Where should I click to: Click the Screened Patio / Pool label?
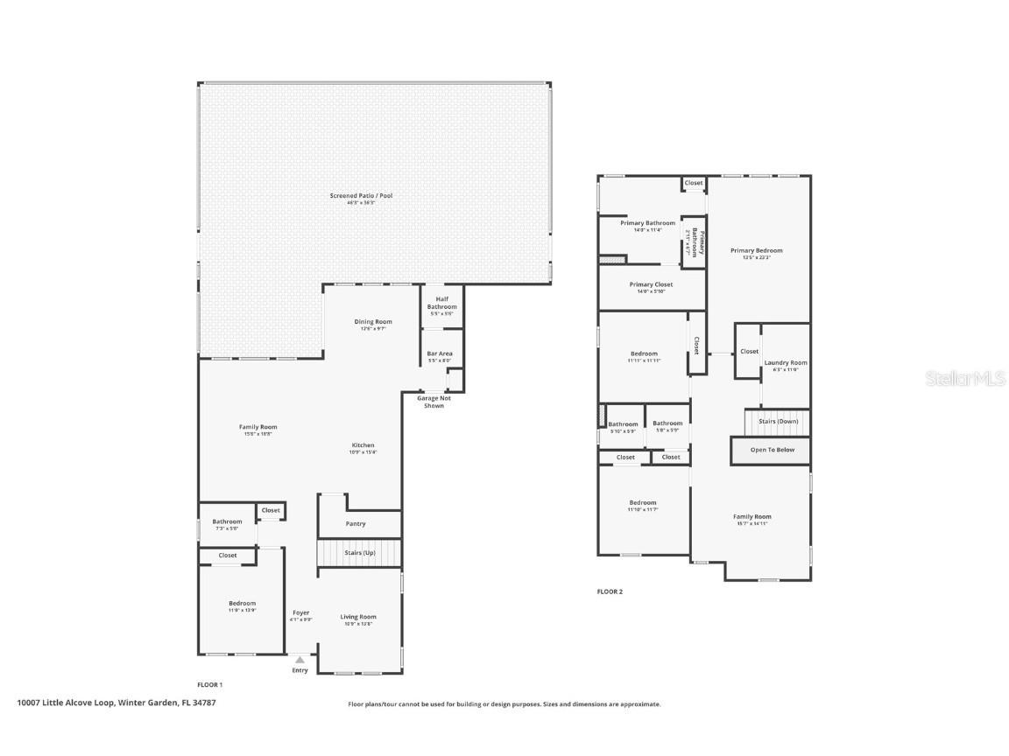[x=361, y=196]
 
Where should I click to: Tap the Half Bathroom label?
[x=441, y=303]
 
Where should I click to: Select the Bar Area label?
[x=439, y=354]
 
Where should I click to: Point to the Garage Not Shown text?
[x=434, y=402]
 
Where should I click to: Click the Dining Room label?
[x=373, y=322]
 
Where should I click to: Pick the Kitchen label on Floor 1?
[x=363, y=445]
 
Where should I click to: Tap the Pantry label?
[x=356, y=524]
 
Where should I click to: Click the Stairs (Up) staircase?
[x=359, y=553]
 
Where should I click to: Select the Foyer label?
[x=300, y=613]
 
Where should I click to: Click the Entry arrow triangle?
[x=300, y=660]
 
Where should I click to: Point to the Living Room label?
[x=358, y=617]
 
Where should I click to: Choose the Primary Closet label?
[x=651, y=285]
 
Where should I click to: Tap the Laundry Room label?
[x=785, y=363]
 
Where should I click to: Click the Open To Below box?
[x=772, y=451]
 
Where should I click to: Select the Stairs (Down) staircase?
[x=778, y=422]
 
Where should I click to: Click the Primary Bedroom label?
[x=756, y=251]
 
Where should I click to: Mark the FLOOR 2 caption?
[x=610, y=591]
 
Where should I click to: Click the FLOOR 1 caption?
[x=210, y=684]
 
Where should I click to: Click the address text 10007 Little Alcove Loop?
[x=66, y=702]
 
